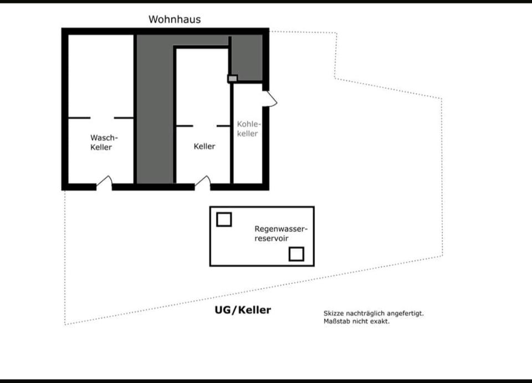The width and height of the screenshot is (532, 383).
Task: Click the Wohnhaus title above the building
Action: pyautogui.click(x=175, y=19)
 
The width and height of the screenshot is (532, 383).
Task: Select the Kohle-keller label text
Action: pyautogui.click(x=248, y=129)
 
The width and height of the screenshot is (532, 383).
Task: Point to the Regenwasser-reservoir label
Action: pyautogui.click(x=280, y=233)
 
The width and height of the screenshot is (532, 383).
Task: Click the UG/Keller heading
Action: pyautogui.click(x=243, y=310)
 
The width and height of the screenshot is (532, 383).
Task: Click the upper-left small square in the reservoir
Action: pyautogui.click(x=224, y=219)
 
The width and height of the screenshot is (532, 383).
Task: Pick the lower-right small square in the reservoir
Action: pyautogui.click(x=296, y=254)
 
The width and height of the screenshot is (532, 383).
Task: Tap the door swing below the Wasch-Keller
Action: pyautogui.click(x=105, y=182)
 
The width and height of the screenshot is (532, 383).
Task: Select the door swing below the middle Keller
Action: pyautogui.click(x=203, y=182)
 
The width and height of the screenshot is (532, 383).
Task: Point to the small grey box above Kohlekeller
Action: pyautogui.click(x=233, y=79)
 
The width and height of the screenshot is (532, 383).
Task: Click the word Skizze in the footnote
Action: pyautogui.click(x=334, y=313)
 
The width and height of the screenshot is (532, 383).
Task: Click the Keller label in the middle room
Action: pyautogui.click(x=204, y=146)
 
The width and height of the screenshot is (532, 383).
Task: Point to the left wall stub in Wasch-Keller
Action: pyautogui.click(x=79, y=118)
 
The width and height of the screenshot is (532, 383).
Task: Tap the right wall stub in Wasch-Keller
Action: pyautogui.click(x=124, y=118)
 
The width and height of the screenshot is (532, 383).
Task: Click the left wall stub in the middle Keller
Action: pyautogui.click(x=185, y=126)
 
